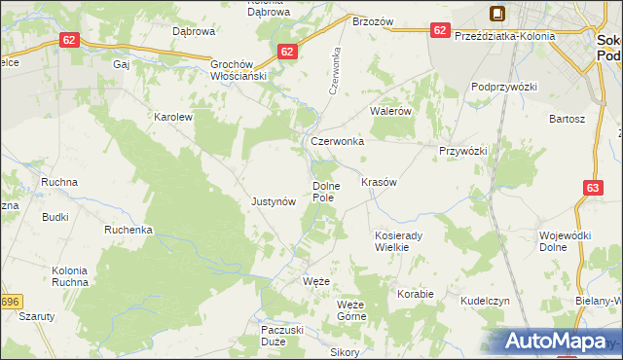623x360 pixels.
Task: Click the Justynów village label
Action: pos(273,202)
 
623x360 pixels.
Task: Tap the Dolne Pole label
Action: pos(323,191)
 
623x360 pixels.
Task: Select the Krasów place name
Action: pos(379,182)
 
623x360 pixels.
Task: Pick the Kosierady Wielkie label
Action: pos(396,241)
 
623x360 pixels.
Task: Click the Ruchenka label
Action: pos(129,231)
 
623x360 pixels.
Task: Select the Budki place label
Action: pos(55,217)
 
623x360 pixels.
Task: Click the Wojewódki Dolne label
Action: pos(566,241)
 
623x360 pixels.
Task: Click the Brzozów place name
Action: pos(372,21)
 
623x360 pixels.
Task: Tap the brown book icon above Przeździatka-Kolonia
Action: pos(497,14)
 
